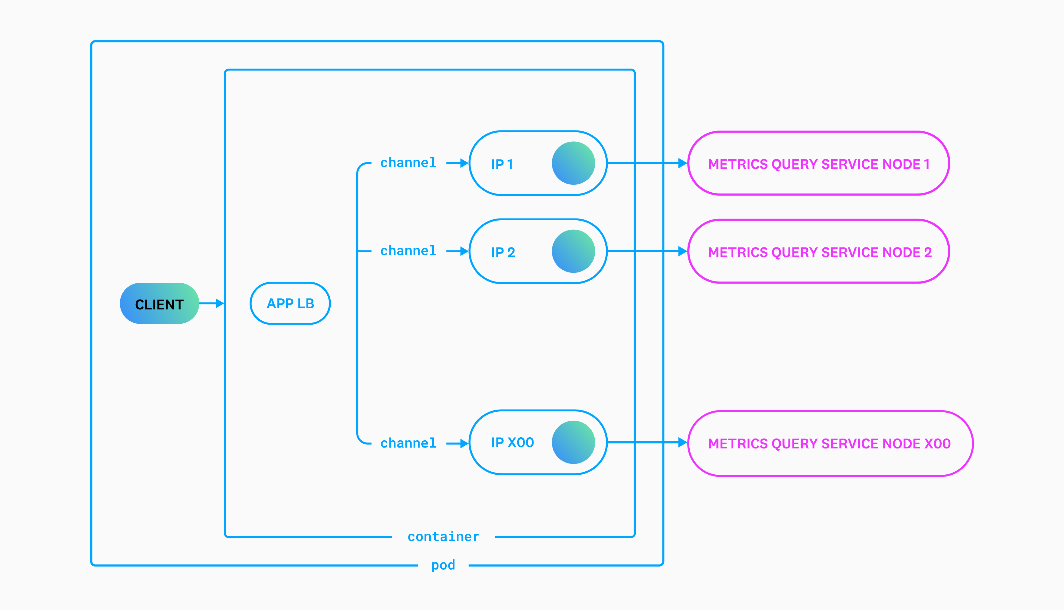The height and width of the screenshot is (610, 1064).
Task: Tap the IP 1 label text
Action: point(502,164)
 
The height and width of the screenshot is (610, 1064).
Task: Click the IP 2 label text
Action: point(503,252)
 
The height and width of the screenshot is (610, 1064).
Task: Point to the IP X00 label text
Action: point(512,442)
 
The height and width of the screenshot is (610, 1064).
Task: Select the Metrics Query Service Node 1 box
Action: point(819,163)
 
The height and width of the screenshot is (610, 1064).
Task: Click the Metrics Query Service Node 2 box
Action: point(819,251)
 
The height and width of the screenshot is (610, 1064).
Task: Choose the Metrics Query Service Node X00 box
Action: point(830,443)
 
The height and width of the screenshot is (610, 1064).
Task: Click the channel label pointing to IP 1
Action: point(408,162)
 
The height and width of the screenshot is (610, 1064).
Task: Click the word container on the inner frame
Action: point(443,537)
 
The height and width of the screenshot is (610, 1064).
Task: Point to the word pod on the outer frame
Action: point(443,565)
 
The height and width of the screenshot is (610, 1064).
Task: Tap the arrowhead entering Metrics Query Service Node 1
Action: point(682,163)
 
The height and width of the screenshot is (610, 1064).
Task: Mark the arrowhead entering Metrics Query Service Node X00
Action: point(682,442)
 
